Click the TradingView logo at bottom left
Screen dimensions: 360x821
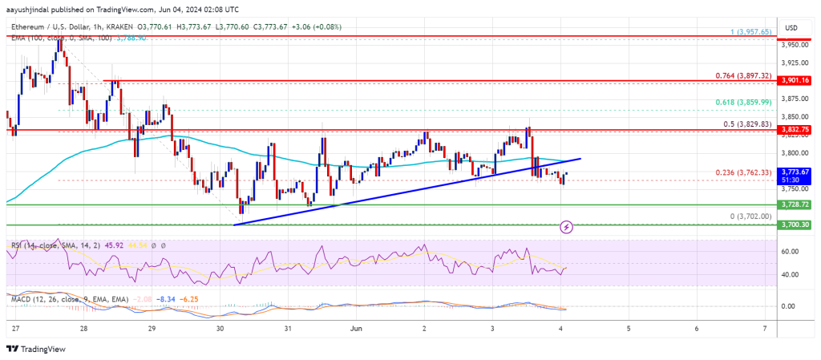[36, 349]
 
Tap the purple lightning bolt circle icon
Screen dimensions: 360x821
[567, 227]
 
